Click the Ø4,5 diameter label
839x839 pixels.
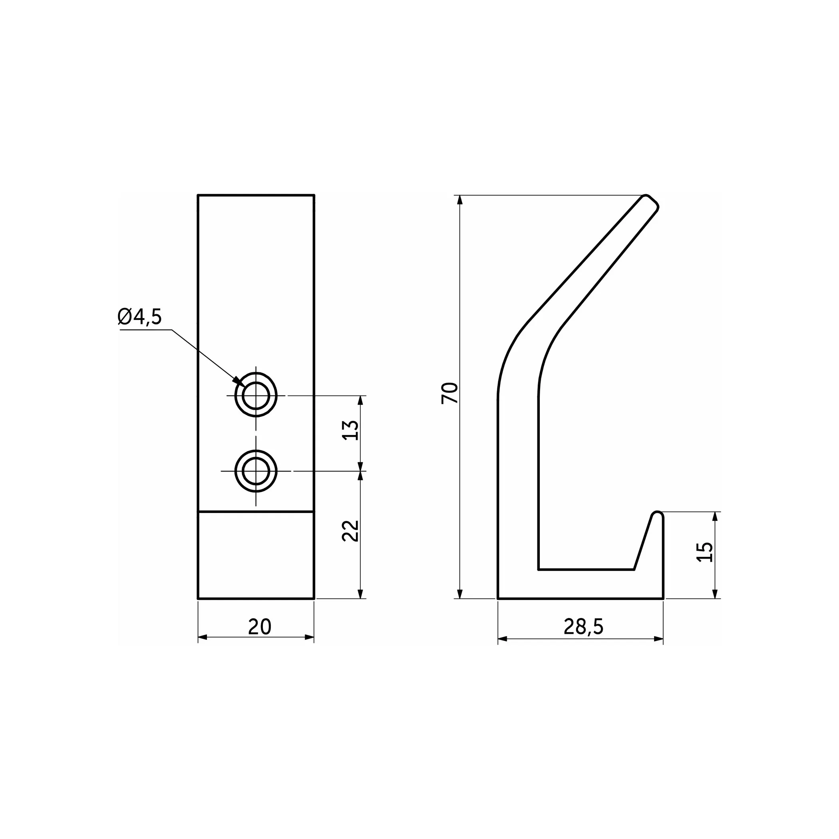[139, 317]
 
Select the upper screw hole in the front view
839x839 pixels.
[256, 396]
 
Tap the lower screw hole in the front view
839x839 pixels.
[256, 471]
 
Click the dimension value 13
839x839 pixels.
[351, 430]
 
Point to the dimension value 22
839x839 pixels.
[351, 531]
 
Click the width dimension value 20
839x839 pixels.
[260, 626]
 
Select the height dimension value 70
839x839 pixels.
[449, 394]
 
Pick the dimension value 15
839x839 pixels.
[705, 553]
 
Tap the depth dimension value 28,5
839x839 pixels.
[584, 626]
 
